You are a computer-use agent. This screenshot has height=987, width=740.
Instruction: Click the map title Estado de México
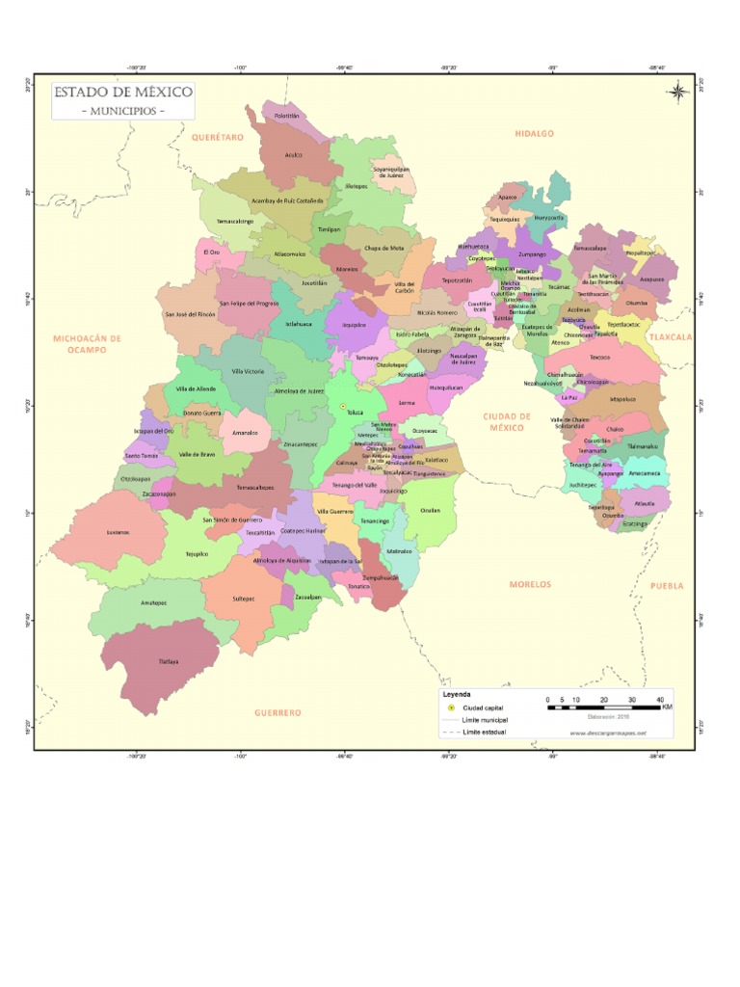tap(122, 93)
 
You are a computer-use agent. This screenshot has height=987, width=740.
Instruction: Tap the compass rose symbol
tap(677, 93)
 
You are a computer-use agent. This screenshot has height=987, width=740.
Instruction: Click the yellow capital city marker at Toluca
tap(341, 407)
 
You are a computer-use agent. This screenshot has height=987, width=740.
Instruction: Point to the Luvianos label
tap(117, 531)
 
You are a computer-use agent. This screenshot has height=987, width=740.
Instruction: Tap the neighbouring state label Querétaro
tap(218, 138)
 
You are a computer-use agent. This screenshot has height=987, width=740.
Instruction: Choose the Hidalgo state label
tap(534, 134)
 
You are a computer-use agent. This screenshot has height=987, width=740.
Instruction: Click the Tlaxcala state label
tap(671, 337)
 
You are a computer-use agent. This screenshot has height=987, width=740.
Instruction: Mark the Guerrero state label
tap(277, 712)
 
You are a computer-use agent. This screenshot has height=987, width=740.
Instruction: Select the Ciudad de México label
tap(506, 421)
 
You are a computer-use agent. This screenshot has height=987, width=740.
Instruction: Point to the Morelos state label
tap(530, 584)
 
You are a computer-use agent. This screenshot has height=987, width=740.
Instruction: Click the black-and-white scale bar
tap(603, 707)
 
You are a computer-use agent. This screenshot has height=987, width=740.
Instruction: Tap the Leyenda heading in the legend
tap(457, 695)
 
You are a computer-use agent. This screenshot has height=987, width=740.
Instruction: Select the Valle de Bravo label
tap(197, 454)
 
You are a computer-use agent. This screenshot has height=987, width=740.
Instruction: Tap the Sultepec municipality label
tap(243, 598)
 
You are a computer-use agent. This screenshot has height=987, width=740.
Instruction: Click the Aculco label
tap(294, 154)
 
